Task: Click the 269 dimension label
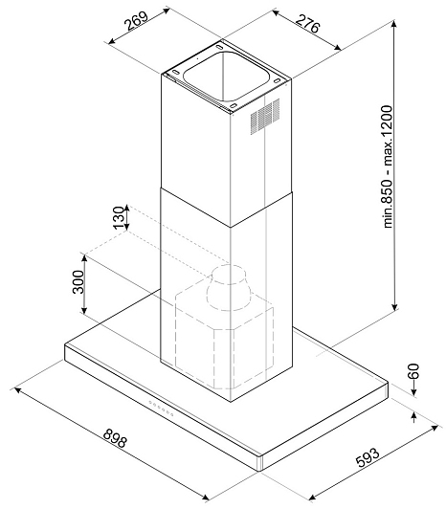tap(138, 20)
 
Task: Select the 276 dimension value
tap(308, 23)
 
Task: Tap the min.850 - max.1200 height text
tap(388, 166)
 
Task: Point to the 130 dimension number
tap(119, 217)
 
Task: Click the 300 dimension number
tap(78, 281)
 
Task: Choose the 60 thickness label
tap(413, 371)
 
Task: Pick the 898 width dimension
tap(115, 437)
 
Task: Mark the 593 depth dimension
tap(368, 457)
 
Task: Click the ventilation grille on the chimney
tap(265, 117)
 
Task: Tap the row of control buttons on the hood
tap(161, 408)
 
